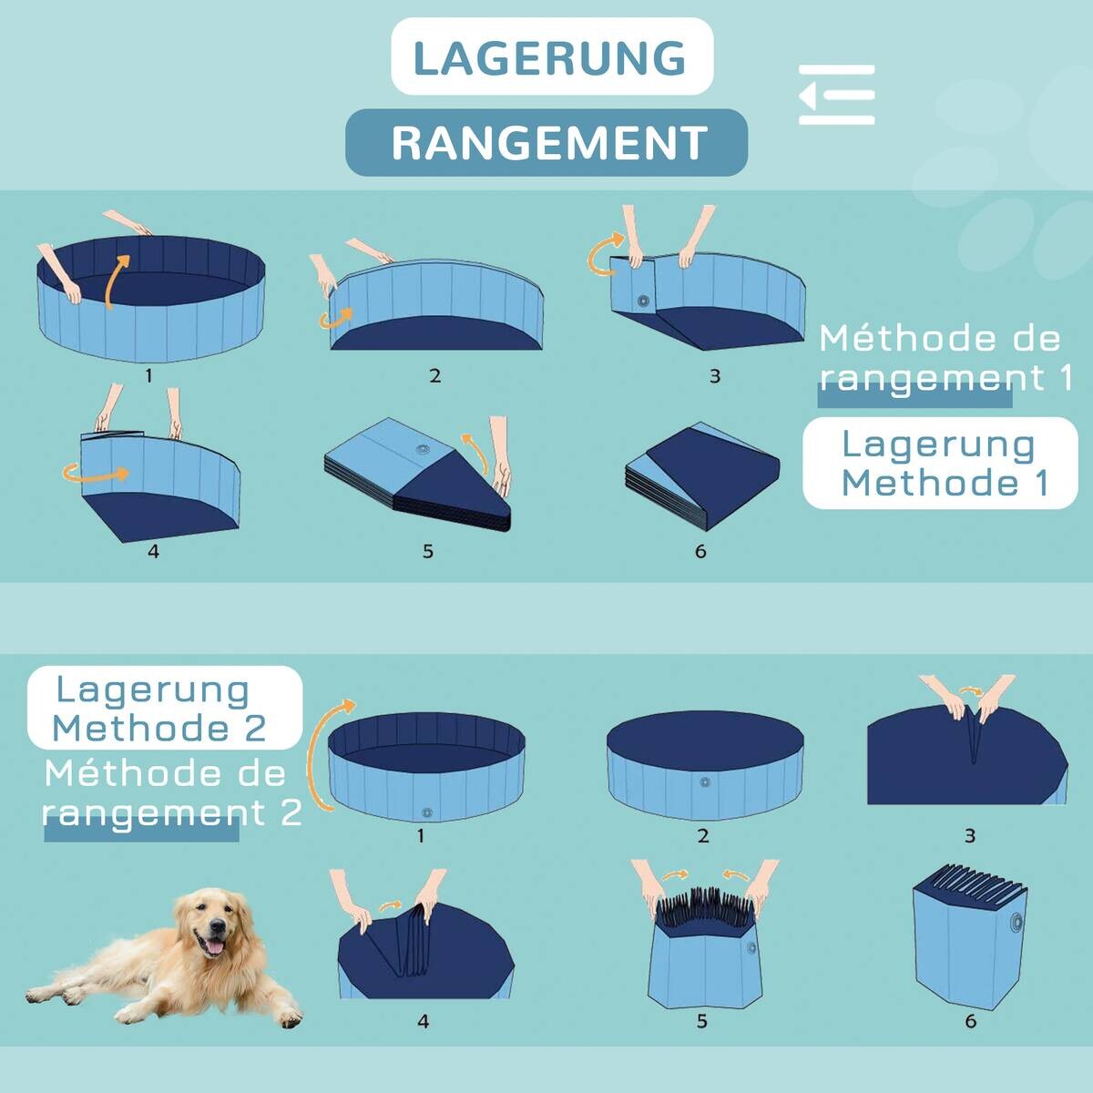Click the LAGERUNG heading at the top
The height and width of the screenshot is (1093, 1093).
551,57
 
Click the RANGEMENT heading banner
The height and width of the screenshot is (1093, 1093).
547,143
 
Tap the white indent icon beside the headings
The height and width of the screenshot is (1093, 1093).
836,95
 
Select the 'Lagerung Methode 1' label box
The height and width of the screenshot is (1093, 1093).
940,463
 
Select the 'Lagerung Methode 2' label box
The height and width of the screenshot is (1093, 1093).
162,709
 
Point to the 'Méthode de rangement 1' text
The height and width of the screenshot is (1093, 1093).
943,357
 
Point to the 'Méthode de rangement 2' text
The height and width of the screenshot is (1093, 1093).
169,793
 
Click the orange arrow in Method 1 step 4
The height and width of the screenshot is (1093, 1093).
96,474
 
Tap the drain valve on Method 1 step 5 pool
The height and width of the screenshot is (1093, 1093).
422,449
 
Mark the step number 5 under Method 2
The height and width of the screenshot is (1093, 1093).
701,1021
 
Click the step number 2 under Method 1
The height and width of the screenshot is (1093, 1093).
434,375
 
